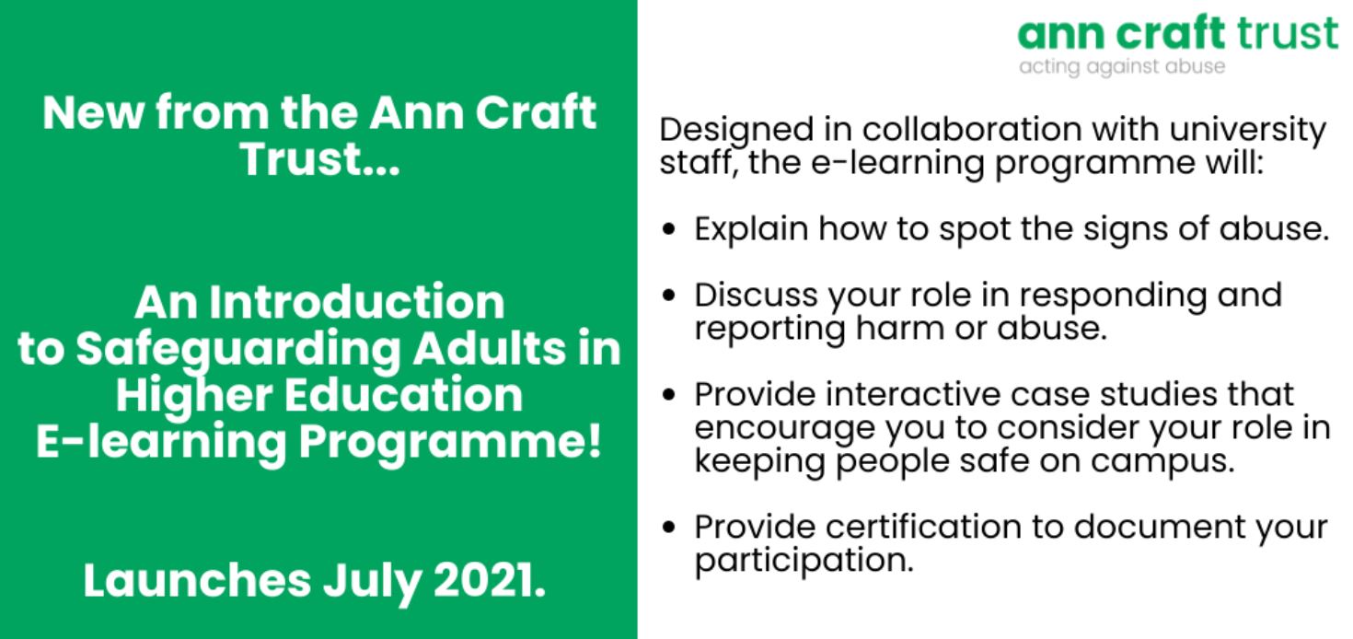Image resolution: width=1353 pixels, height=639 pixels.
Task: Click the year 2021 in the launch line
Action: (490, 580)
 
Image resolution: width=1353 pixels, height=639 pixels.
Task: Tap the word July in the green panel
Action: (372, 584)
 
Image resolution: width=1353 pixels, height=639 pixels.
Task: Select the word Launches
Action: (197, 580)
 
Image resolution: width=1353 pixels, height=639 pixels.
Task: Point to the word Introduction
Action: (356, 302)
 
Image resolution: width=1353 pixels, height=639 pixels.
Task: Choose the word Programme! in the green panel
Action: (451, 444)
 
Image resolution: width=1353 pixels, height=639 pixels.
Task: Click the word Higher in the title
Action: (192, 397)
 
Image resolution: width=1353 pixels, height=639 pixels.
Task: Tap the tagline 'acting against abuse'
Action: (1122, 67)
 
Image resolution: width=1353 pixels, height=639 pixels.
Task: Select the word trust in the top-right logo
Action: (1287, 33)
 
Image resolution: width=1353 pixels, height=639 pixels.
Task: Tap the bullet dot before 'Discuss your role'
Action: (668, 296)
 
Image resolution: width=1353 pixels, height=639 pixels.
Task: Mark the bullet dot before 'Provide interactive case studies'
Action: (668, 395)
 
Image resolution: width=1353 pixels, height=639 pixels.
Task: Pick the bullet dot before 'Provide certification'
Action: (668, 528)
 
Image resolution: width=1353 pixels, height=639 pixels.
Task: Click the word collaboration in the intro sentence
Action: (972, 129)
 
